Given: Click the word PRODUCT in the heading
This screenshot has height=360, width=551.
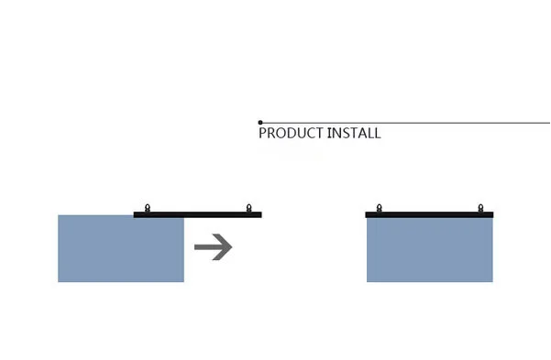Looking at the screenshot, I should click(x=291, y=133).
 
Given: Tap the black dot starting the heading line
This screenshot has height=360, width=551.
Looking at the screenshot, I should click(x=260, y=122).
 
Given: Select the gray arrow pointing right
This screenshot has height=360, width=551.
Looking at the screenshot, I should click(x=214, y=246).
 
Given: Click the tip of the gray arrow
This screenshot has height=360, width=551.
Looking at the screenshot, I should click(x=231, y=246).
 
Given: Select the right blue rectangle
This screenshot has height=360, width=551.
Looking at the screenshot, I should click(x=429, y=249).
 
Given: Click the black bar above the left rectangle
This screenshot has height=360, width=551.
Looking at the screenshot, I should click(x=198, y=214).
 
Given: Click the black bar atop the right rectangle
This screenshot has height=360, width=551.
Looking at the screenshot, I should click(x=429, y=214).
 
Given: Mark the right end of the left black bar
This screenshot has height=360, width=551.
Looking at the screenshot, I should click(x=260, y=214).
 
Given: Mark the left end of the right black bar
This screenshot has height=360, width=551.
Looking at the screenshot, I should click(x=367, y=214).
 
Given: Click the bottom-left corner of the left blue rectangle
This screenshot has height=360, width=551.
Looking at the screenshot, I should click(x=59, y=281).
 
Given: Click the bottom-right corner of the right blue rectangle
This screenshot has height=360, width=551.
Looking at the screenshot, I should click(x=491, y=280).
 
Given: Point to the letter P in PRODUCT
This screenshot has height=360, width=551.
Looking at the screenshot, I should click(x=262, y=133).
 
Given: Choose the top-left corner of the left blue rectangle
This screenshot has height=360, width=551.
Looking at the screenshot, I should click(x=59, y=216).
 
